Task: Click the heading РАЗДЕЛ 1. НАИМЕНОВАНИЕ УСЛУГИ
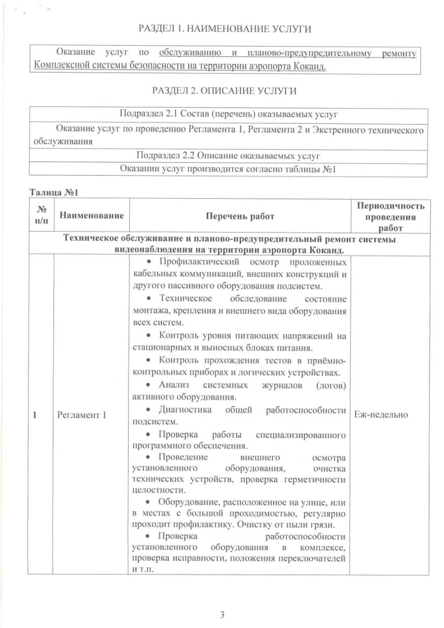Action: pyautogui.click(x=225, y=29)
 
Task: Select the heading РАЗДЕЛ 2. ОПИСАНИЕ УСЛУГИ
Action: pyautogui.click(x=224, y=91)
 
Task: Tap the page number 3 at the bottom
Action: pyautogui.click(x=222, y=614)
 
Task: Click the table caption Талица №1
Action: pyautogui.click(x=54, y=192)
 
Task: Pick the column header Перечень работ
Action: pyautogui.click(x=240, y=216)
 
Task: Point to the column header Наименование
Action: pyautogui.click(x=91, y=216)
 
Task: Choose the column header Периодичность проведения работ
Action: pyautogui.click(x=390, y=217)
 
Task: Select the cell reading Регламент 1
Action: pyautogui.click(x=82, y=415)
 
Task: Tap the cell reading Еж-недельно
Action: pyautogui.click(x=381, y=415)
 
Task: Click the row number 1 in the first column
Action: pyautogui.click(x=35, y=415)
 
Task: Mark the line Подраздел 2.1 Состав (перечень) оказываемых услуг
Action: pyautogui.click(x=229, y=114)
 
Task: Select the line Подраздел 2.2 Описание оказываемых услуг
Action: pyautogui.click(x=228, y=156)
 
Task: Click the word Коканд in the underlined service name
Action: pyautogui.click(x=309, y=67)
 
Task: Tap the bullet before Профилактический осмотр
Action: pyautogui.click(x=149, y=262)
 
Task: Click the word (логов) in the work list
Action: pyautogui.click(x=331, y=386)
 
